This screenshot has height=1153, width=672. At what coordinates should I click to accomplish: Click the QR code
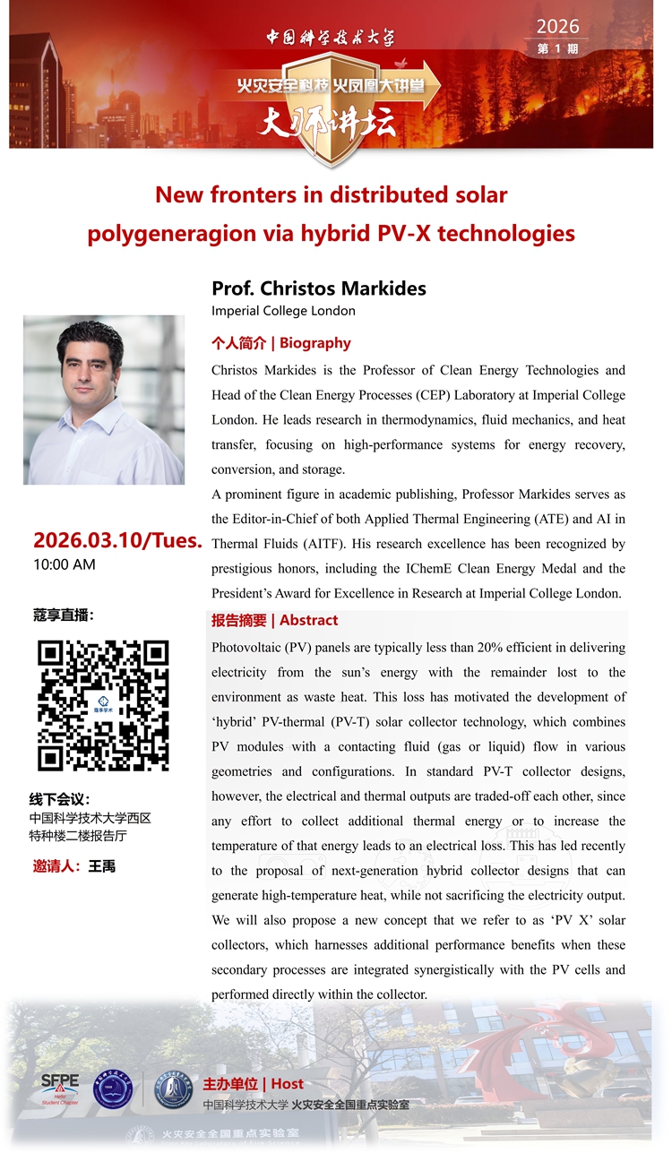point(103,705)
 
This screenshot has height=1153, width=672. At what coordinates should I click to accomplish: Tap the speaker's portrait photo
point(104,400)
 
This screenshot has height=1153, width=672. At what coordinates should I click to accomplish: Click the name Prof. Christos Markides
point(318,288)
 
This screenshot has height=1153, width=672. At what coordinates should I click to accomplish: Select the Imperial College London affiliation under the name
point(283,311)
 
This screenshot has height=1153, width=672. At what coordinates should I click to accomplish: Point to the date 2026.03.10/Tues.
point(117,540)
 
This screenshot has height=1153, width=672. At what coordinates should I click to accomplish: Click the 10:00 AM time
point(65,564)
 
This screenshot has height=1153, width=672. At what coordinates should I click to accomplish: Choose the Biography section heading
point(281,342)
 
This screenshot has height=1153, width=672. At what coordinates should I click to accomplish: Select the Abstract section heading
point(275,620)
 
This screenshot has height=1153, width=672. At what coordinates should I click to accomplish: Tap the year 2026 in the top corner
point(557,26)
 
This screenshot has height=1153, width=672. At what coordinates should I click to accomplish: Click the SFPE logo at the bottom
point(60,1087)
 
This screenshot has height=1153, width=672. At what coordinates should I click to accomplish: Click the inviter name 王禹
point(102,865)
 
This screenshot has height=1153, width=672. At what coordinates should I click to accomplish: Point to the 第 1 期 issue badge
point(557,48)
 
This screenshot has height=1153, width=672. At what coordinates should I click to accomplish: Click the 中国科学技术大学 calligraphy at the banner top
point(330,38)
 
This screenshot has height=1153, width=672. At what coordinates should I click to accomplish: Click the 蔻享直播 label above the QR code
point(63,615)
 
